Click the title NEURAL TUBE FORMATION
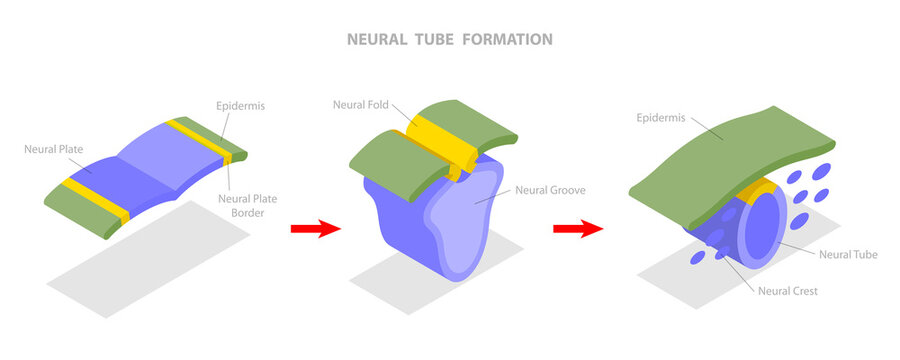tap(449, 40)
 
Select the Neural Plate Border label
tap(248, 205)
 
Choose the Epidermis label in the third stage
tap(663, 118)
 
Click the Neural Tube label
tap(848, 255)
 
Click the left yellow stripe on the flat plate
tap(96, 199)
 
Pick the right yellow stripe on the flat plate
tap(201, 140)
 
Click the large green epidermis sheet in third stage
tap(730, 150)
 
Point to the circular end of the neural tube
tap(768, 228)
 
